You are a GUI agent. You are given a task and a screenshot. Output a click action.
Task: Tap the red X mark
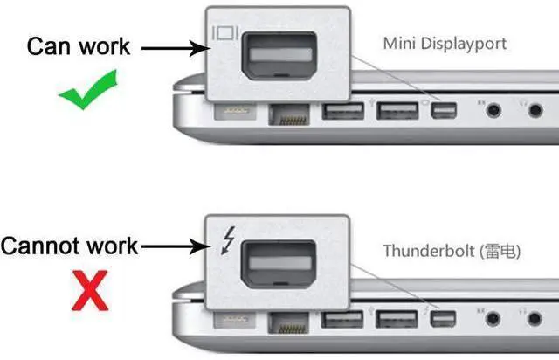point(90,290)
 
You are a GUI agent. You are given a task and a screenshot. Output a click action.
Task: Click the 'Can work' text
point(79,46)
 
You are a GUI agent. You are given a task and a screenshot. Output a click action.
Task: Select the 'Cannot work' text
point(69,246)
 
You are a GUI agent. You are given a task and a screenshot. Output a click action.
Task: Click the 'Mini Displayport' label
point(445,45)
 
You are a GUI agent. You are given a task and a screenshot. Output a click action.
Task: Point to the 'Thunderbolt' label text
point(429,251)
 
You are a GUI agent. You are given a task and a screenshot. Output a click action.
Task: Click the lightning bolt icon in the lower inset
point(228,240)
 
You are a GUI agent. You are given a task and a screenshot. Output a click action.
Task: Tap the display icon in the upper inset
point(225,33)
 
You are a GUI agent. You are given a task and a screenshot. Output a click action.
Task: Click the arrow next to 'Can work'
point(174,48)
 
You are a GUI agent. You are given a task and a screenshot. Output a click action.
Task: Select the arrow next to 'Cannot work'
point(174,246)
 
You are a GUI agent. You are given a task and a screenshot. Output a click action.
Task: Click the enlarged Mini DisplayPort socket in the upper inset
point(279,56)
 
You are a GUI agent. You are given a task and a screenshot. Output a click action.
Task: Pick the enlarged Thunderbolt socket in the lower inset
point(279,265)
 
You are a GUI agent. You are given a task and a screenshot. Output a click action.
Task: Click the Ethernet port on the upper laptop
point(289,114)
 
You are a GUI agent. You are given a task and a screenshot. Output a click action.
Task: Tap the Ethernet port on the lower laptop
point(288,323)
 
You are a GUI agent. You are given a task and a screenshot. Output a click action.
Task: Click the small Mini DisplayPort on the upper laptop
point(444,111)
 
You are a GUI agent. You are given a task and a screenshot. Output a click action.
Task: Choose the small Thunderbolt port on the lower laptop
point(443,319)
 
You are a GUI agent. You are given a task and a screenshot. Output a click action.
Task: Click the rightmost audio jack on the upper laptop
point(535,110)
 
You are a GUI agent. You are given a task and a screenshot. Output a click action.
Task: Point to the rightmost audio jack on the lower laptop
point(535,318)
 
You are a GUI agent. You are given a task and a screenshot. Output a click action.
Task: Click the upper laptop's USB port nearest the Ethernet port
point(343,111)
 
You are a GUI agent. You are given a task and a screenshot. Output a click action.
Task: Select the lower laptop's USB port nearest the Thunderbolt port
point(397,319)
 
